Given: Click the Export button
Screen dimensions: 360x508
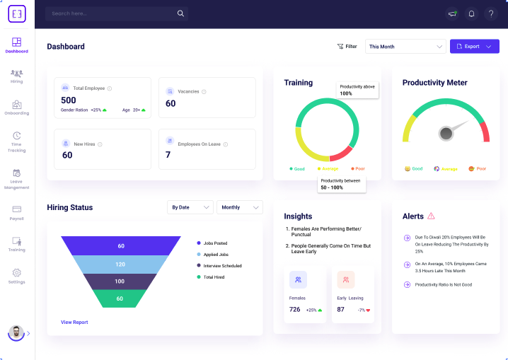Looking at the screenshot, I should coord(474,47).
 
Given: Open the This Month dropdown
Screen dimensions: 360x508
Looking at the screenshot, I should coord(405,47).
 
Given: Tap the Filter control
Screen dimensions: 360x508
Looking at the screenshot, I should coord(347,47).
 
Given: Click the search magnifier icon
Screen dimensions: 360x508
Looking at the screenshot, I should coord(180,13).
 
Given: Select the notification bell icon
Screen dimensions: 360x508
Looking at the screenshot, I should coord(471,13).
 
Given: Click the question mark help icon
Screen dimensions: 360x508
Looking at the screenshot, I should coord(490,13).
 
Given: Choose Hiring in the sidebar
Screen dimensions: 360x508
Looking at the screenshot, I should coord(17,76).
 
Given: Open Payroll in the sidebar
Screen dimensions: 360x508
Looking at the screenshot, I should coord(17,212).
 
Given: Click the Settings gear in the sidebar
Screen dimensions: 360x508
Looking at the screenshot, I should coord(17,275).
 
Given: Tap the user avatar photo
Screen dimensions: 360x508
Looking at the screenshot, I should coord(16,332).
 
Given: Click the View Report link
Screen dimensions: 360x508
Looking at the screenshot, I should coord(74,323).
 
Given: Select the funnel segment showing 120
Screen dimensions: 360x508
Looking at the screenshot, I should coord(120,264).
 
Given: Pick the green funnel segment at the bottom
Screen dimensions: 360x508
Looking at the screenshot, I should coord(120,298).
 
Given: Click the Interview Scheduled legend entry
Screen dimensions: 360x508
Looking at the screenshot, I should coord(221,266).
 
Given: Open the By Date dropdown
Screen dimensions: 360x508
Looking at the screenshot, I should coord(190,207).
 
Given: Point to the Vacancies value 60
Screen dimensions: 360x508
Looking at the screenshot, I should coord(171,103).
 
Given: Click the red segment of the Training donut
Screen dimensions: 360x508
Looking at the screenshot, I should coord(342,152).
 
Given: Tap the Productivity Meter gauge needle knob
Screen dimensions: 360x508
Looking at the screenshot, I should coord(445,133).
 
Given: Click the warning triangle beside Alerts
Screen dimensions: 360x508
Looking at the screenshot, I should coord(431,216).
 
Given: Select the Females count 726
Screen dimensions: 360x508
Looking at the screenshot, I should coord(295,310).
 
